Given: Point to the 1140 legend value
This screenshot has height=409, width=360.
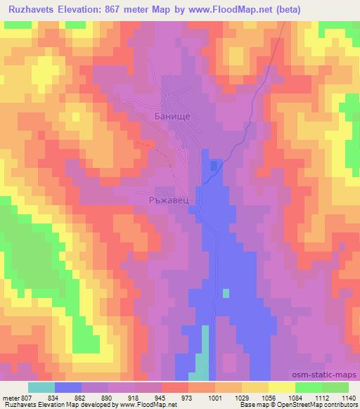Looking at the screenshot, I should [x=348, y=397].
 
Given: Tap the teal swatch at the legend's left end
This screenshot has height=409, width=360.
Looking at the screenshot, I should [x=41, y=387].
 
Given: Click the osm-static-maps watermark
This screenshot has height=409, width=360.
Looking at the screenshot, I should [x=329, y=376].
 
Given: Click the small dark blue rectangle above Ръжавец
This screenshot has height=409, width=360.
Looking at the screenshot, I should [x=213, y=166].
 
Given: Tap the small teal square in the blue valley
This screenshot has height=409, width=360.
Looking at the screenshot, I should [x=226, y=292].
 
